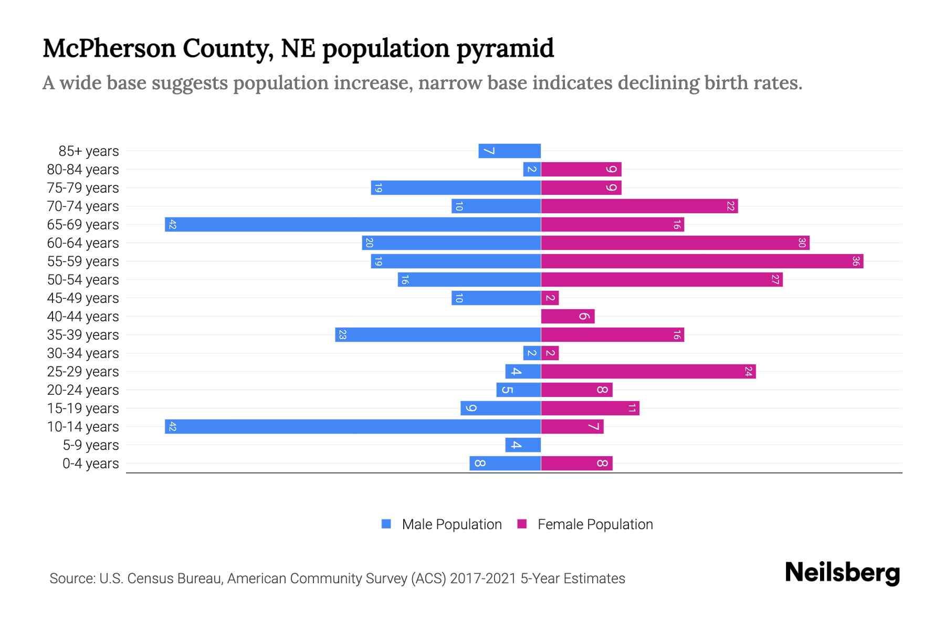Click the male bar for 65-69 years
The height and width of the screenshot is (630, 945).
353,225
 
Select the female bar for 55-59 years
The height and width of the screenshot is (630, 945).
702,261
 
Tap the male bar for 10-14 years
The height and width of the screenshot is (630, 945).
353,427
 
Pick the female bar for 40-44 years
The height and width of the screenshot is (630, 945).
568,317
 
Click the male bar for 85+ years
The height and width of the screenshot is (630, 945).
509,151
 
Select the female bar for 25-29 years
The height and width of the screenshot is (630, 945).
648,372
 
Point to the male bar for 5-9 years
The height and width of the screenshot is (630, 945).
523,445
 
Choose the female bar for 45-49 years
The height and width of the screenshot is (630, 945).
550,298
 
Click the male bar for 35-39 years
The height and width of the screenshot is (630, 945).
438,335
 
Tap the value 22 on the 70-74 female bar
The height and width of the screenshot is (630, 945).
730,206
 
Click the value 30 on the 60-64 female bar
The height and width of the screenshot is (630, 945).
802,243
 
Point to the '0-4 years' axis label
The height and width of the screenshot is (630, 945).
90,464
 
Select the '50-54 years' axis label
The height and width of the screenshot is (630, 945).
83,280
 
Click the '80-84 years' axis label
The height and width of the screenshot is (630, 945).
83,170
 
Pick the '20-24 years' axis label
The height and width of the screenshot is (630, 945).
83,390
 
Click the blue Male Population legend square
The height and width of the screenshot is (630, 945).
386,524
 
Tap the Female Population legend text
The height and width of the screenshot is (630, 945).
595,524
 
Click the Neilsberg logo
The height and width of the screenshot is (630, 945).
842,573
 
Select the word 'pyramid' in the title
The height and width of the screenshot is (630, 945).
505,48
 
